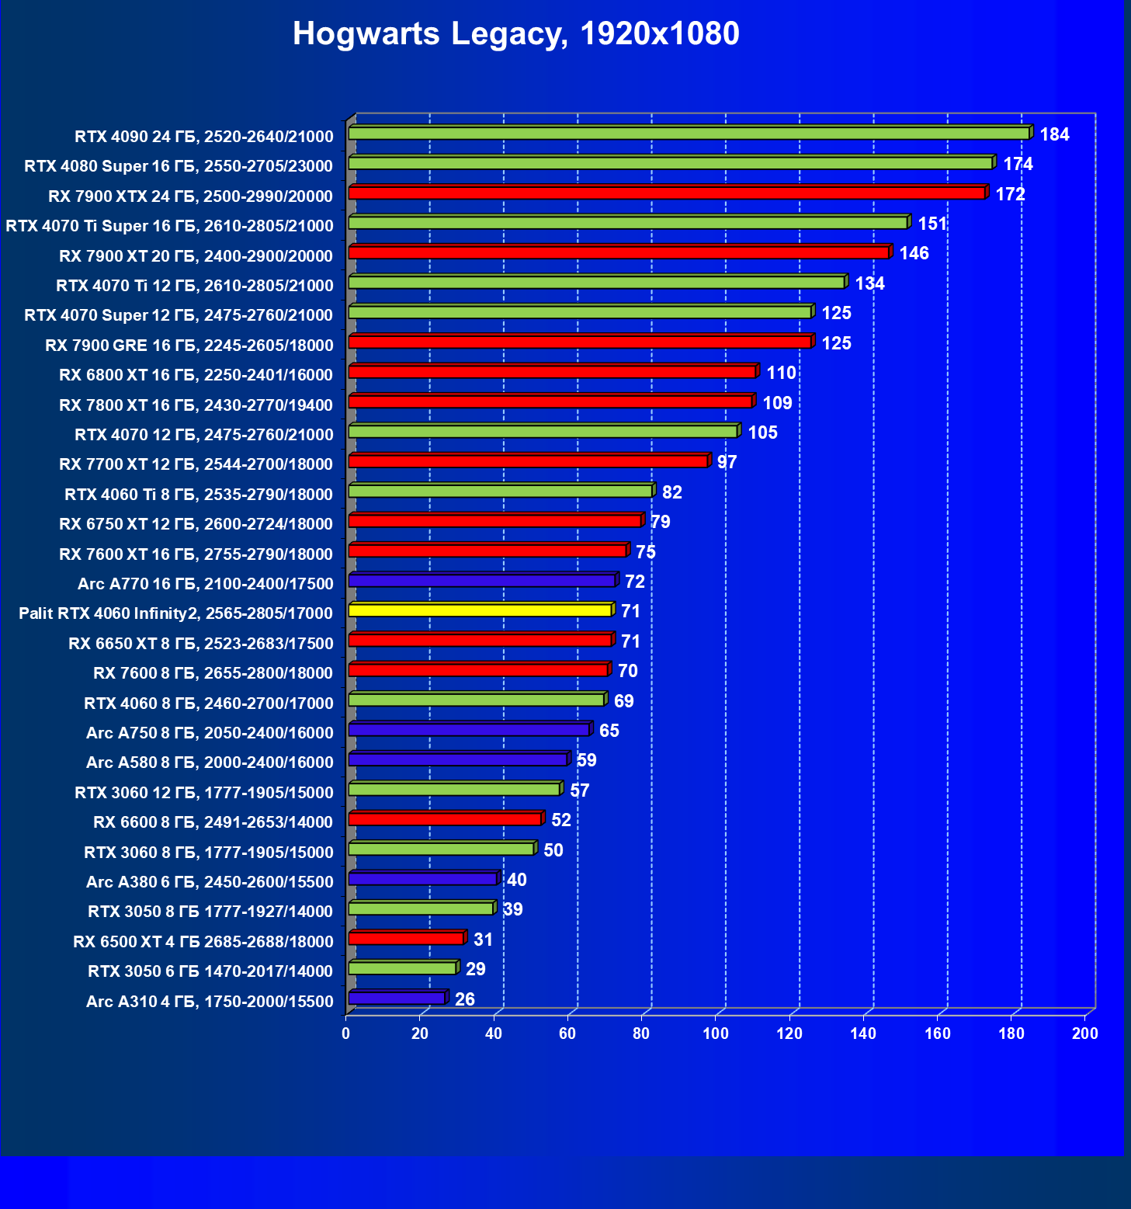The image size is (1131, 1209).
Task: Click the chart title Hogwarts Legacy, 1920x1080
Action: click(515, 34)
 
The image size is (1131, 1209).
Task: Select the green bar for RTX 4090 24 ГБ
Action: click(689, 134)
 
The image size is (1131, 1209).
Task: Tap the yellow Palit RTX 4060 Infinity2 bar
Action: click(480, 610)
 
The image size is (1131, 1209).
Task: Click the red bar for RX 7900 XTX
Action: click(667, 193)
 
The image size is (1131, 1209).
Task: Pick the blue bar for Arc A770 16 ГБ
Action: click(481, 581)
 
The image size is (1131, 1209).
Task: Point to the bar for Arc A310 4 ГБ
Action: click(397, 998)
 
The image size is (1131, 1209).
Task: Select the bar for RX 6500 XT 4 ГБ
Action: click(406, 938)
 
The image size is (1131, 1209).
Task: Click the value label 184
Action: click(1054, 134)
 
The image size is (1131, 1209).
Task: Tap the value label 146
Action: click(914, 253)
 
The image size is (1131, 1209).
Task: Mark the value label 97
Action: click(727, 462)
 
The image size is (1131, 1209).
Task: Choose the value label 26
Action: click(464, 999)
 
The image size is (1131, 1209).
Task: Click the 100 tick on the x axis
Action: click(715, 1034)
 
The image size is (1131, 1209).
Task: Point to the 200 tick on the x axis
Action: click(1084, 1034)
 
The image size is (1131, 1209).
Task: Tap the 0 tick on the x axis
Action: click(346, 1034)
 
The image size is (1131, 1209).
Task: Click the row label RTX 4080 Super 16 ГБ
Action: click(179, 166)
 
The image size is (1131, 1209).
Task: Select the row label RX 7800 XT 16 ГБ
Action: click(196, 405)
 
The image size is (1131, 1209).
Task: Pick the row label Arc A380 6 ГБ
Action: click(210, 882)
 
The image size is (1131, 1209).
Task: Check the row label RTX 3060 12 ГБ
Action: click(203, 793)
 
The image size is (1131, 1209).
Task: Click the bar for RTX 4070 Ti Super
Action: click(628, 223)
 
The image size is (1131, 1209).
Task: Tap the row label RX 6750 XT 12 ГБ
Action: click(196, 524)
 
